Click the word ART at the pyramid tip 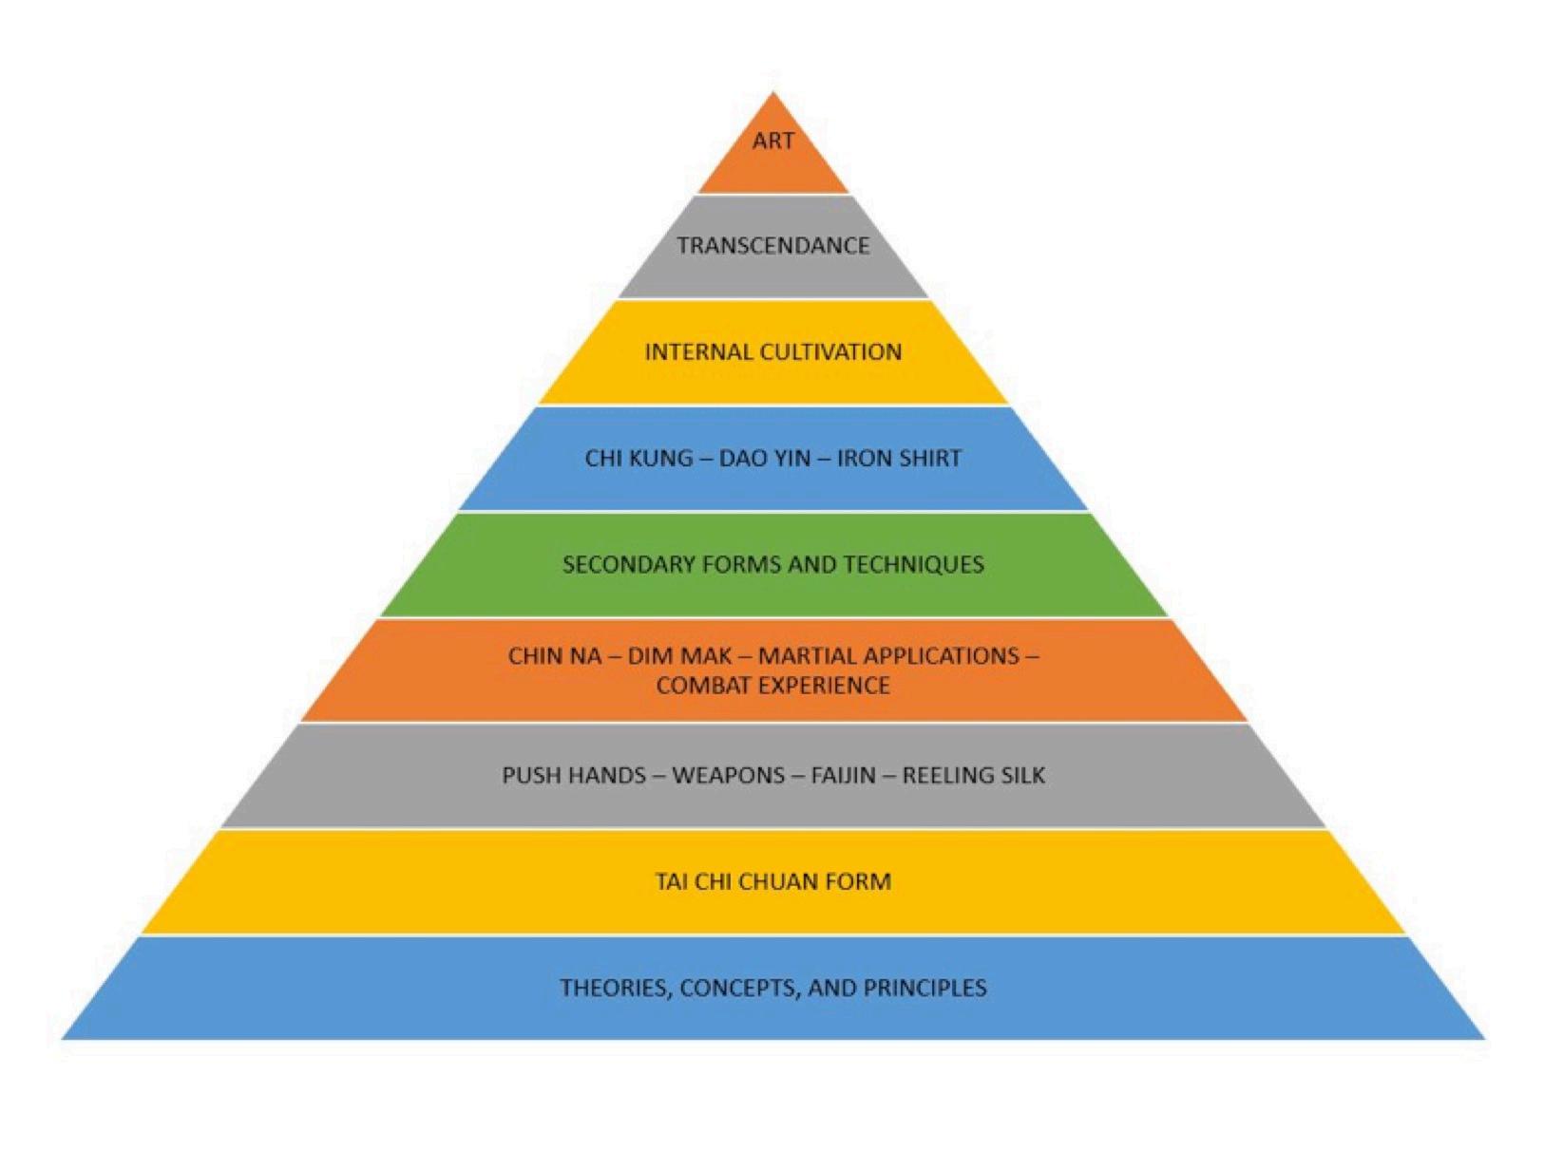click(772, 141)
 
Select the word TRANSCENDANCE click(772, 246)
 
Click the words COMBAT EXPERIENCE click(772, 686)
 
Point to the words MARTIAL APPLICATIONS click(888, 656)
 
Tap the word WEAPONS click(729, 776)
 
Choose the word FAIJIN click(844, 776)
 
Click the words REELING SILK click(973, 776)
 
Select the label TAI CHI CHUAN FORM click(772, 882)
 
